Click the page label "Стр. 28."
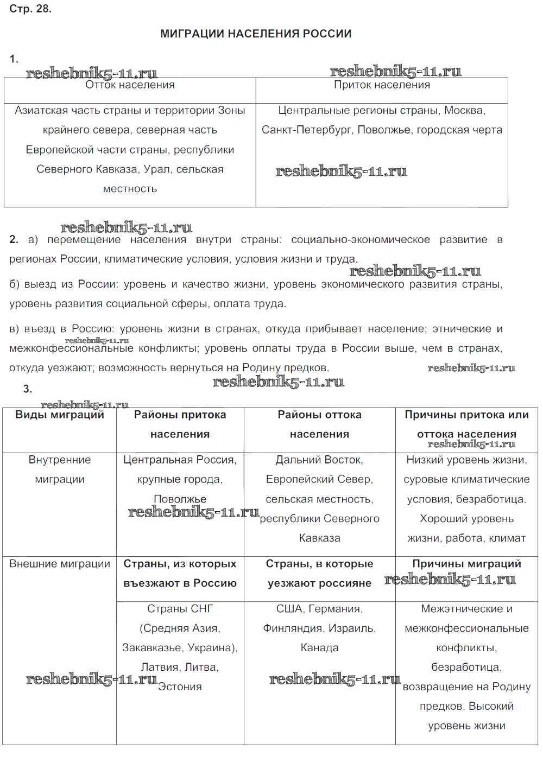point(30,9)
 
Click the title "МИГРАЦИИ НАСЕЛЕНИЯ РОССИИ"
point(256,34)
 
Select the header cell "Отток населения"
point(130,85)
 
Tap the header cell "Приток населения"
point(382,85)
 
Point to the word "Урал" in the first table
point(156,169)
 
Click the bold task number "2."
point(14,239)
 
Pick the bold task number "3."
point(28,389)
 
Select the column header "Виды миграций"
point(60,415)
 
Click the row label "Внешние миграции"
point(60,564)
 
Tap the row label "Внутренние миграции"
point(60,469)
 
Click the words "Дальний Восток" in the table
point(319,460)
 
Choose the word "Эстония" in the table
point(180,687)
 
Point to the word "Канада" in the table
point(319,648)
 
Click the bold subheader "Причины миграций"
point(466,564)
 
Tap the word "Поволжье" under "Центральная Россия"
point(180,499)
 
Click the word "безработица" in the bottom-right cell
point(466,668)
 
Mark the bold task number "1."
point(14,59)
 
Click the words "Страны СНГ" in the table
point(180,609)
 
